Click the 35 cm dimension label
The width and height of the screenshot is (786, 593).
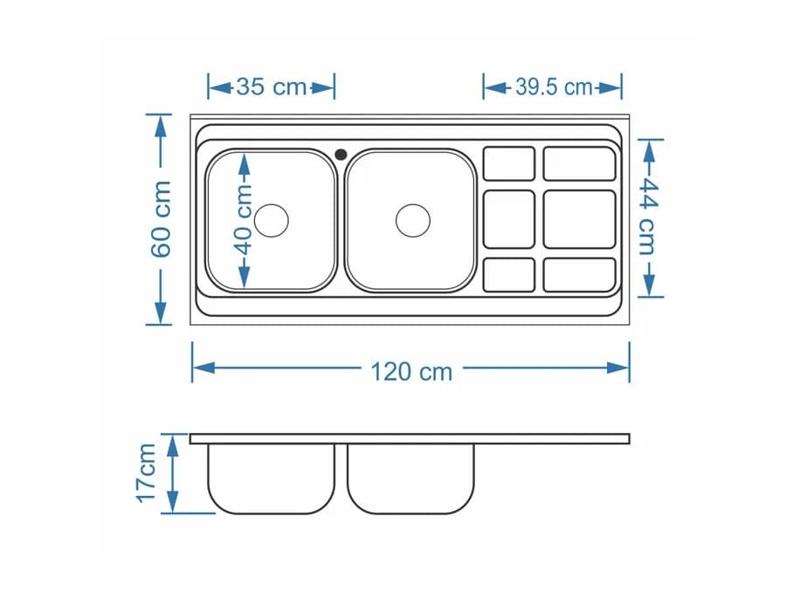coord(272,87)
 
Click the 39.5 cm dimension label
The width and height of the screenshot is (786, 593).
coord(554,87)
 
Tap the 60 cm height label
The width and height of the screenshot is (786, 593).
coord(162,219)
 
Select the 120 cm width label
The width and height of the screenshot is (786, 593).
coord(411,372)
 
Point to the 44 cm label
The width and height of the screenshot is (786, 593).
coord(649,217)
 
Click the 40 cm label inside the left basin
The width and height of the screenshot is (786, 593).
coord(245,219)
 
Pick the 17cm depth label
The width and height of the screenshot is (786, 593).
coord(147,473)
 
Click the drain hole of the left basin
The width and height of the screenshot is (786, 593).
coord(272,221)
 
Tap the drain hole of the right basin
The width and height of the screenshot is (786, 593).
coord(413,221)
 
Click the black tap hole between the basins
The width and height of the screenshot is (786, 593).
coord(341,155)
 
